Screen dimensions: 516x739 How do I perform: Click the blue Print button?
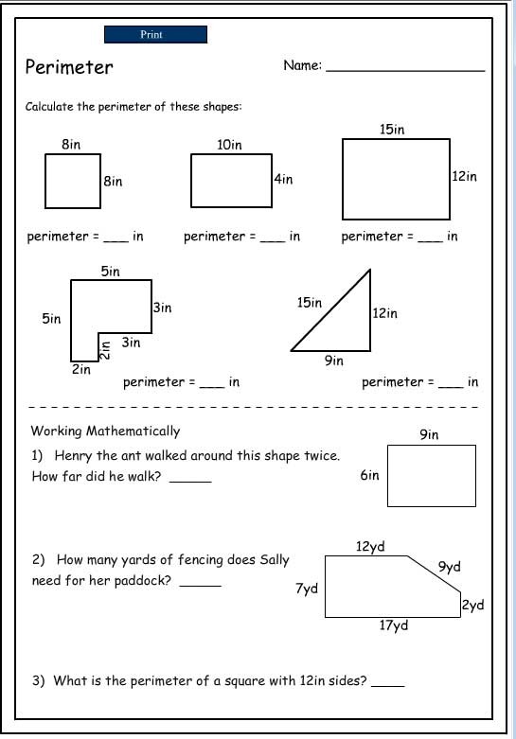pyautogui.click(x=155, y=34)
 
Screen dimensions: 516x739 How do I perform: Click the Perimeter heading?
pyautogui.click(x=69, y=67)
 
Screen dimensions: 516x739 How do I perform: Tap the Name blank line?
pyautogui.click(x=405, y=71)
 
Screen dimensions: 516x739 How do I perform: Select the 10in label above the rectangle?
pyautogui.click(x=229, y=145)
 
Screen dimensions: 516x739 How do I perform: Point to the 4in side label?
pyautogui.click(x=283, y=179)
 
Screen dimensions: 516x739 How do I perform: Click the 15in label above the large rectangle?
pyautogui.click(x=392, y=129)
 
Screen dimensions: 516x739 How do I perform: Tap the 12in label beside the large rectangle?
pyautogui.click(x=465, y=176)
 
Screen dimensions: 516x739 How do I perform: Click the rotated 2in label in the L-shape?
pyautogui.click(x=105, y=351)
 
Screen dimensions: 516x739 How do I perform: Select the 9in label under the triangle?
pyautogui.click(x=334, y=361)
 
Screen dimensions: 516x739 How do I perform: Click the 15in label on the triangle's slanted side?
pyautogui.click(x=310, y=302)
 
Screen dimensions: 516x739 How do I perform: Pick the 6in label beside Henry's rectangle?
pyautogui.click(x=370, y=475)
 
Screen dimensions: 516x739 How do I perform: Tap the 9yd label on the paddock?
pyautogui.click(x=450, y=567)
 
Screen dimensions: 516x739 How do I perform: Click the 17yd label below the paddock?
pyautogui.click(x=394, y=625)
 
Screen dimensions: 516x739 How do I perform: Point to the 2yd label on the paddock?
pyautogui.click(x=473, y=606)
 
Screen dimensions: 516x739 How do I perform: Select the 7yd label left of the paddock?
pyautogui.click(x=307, y=589)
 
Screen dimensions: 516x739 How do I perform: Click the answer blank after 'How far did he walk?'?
pyautogui.click(x=190, y=482)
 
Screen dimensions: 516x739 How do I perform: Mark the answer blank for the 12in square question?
pyautogui.click(x=387, y=686)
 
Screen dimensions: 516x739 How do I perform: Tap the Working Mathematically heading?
pyautogui.click(x=106, y=431)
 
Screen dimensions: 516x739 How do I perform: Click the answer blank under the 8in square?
pyautogui.click(x=116, y=241)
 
